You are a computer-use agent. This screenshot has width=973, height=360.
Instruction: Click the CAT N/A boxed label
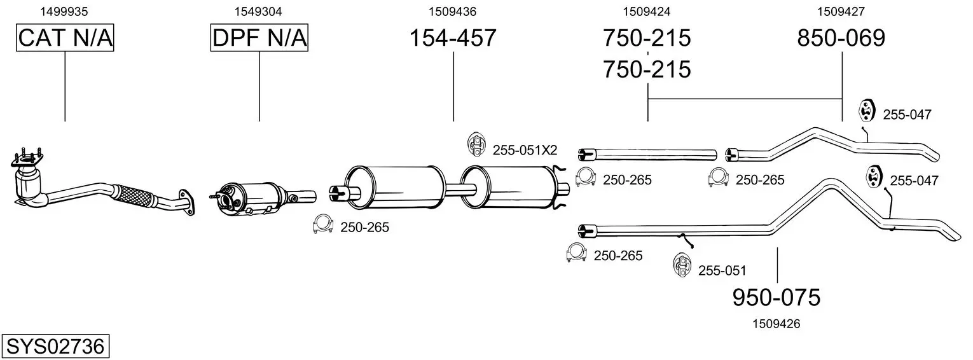(65, 38)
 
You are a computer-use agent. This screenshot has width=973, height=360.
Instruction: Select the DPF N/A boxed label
(259, 38)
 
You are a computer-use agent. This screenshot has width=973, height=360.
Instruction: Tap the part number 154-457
(453, 38)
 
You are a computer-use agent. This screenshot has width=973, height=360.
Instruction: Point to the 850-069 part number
(841, 38)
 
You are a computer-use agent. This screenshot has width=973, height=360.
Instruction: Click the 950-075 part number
(776, 298)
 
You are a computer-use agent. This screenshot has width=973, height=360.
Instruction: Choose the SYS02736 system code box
(55, 346)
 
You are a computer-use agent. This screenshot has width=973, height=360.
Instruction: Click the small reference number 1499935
(64, 11)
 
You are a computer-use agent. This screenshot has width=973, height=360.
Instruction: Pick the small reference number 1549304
(258, 11)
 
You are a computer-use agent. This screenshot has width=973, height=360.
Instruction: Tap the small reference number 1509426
(776, 324)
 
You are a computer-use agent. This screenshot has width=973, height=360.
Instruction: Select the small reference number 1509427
(841, 11)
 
